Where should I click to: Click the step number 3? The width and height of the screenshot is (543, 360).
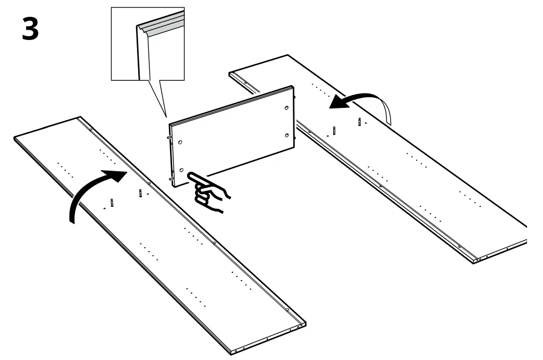(30, 30)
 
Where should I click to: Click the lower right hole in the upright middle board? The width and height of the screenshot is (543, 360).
(287, 136)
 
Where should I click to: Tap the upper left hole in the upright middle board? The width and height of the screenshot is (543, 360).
(181, 143)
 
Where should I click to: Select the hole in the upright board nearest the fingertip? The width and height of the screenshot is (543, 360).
(182, 170)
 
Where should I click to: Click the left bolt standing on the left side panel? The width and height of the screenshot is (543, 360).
(112, 202)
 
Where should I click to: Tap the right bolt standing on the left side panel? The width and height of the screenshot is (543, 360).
(140, 192)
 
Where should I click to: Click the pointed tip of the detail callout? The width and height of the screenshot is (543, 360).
(166, 115)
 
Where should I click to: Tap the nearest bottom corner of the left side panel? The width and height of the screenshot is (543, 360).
(233, 351)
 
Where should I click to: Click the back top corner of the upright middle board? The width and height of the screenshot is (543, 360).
(292, 86)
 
